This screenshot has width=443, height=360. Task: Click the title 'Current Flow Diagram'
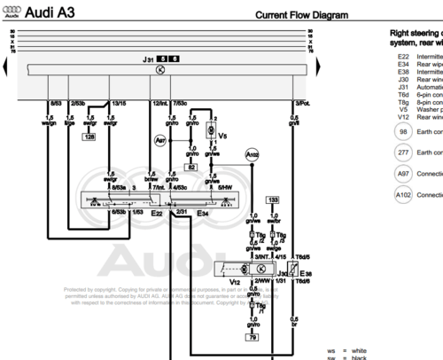pos(301,15)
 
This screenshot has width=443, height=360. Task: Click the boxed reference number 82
pos(190,166)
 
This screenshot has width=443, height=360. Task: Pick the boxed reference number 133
pos(272,200)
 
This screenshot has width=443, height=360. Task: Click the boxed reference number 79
pos(253,337)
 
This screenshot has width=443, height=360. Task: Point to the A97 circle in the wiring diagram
pos(160,140)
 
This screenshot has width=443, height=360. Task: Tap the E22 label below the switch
pos(156,213)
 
